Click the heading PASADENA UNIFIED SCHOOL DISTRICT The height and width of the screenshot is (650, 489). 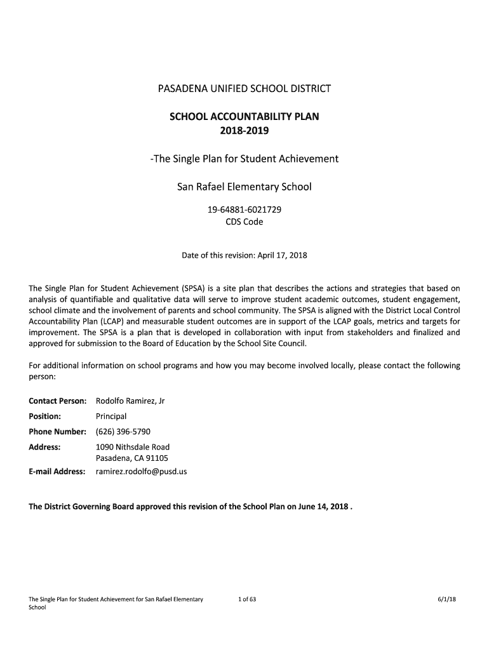(x=245, y=88)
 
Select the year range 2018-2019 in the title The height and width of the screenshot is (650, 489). (x=245, y=131)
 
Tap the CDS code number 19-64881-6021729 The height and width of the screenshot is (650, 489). (x=245, y=209)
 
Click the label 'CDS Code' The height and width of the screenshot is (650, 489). (x=245, y=222)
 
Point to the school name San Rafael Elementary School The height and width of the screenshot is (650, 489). (x=245, y=187)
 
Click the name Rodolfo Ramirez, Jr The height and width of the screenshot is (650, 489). (x=130, y=401)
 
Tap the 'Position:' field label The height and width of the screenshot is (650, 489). (x=44, y=416)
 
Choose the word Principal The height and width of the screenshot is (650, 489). (x=111, y=416)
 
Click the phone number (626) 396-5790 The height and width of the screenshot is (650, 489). (x=123, y=432)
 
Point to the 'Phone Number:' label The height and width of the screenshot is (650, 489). (x=57, y=432)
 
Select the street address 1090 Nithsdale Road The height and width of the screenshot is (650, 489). (x=133, y=447)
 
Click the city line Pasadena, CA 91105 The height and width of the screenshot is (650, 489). (x=132, y=458)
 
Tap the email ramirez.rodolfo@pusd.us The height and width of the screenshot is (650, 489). (x=142, y=472)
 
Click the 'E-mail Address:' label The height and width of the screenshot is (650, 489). (x=57, y=472)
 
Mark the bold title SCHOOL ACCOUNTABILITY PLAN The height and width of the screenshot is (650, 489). (x=245, y=117)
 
